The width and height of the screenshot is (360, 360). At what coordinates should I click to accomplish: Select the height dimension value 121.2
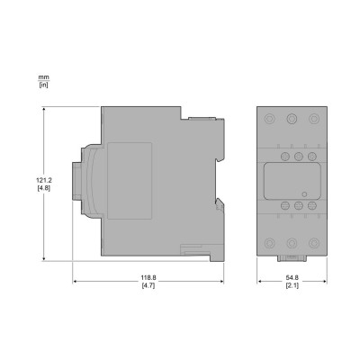31,179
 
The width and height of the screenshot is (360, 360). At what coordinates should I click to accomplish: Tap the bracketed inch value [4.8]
31,189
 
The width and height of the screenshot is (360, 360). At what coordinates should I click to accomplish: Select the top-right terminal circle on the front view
311,118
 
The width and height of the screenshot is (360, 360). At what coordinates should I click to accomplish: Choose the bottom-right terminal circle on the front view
311,241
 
